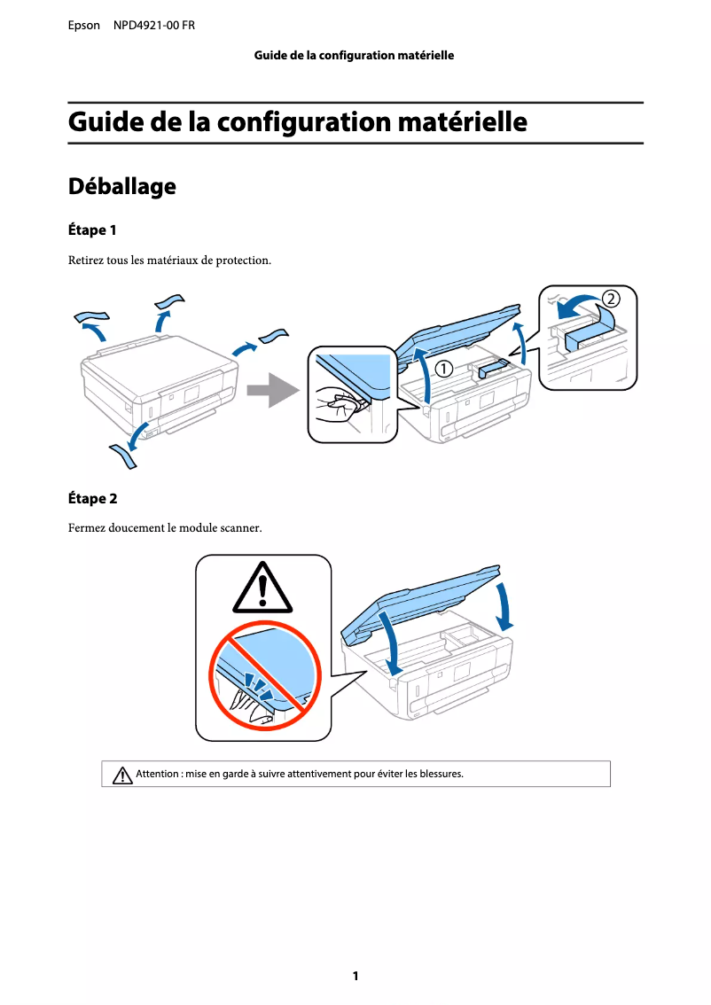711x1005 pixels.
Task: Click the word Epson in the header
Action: coord(84,26)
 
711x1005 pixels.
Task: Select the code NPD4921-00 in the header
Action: coord(143,26)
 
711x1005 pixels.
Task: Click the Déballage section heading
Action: coord(122,187)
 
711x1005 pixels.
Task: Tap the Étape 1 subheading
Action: coord(93,230)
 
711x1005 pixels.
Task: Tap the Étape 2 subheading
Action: coord(93,499)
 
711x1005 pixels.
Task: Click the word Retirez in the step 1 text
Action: coord(86,261)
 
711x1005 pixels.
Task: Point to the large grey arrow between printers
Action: coord(270,390)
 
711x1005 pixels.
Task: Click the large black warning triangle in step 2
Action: coord(262,588)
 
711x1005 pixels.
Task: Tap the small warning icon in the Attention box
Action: coord(122,775)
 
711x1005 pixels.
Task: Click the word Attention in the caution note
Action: coord(157,774)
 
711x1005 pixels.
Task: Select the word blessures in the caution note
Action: coord(440,774)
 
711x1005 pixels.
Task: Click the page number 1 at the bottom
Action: coord(355,977)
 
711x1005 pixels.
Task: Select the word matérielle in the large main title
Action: coord(462,122)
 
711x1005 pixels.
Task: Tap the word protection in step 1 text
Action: coord(241,261)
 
